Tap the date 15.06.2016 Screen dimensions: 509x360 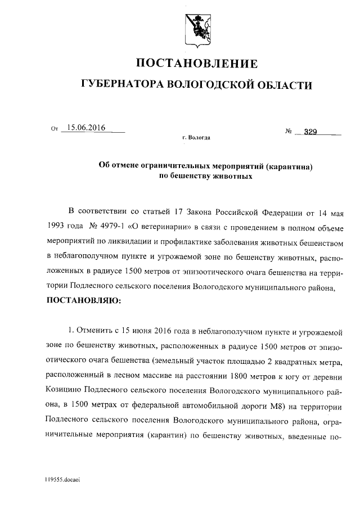pos(86,128)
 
